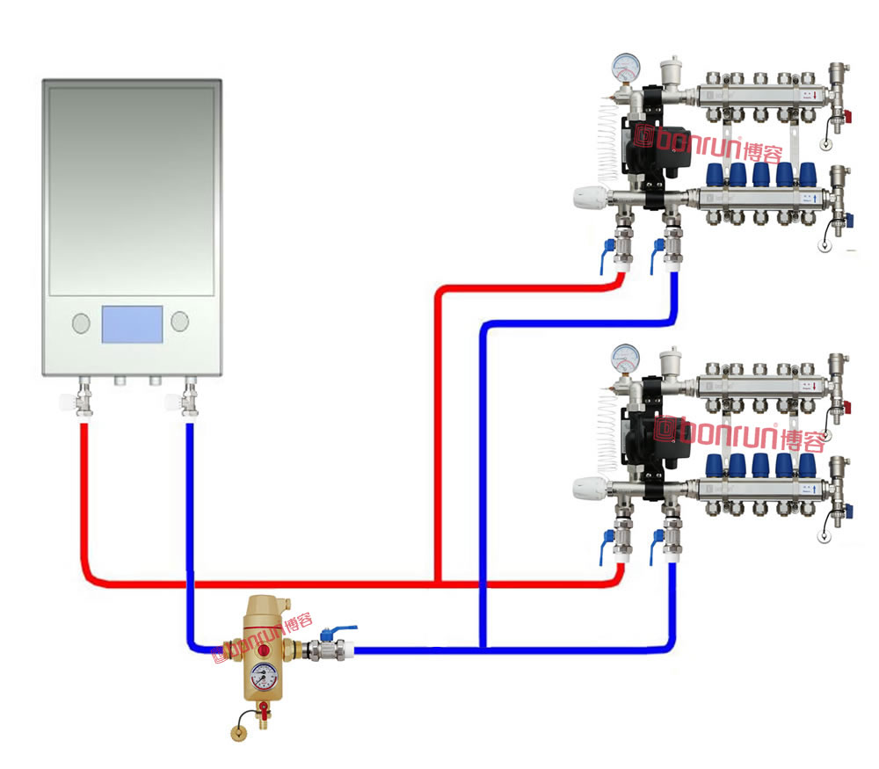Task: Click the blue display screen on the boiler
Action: click(x=132, y=324)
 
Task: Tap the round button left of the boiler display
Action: click(x=80, y=323)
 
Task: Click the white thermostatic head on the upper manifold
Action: click(x=586, y=198)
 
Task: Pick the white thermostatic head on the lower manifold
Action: click(x=586, y=487)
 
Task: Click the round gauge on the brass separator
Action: click(x=262, y=676)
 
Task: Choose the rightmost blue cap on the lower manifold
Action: click(x=807, y=462)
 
